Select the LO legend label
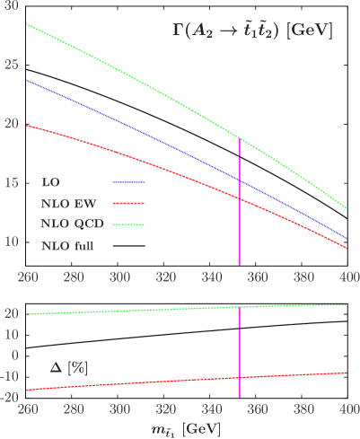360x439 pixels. click(49, 181)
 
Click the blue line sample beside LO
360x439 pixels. click(127, 181)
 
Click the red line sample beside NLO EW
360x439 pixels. click(127, 202)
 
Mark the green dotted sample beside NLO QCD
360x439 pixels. click(127, 224)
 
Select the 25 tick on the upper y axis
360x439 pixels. click(11, 65)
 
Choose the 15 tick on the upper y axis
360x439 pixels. click(11, 182)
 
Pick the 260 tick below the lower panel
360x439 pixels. click(28, 408)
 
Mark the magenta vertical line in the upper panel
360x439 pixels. click(240, 206)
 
